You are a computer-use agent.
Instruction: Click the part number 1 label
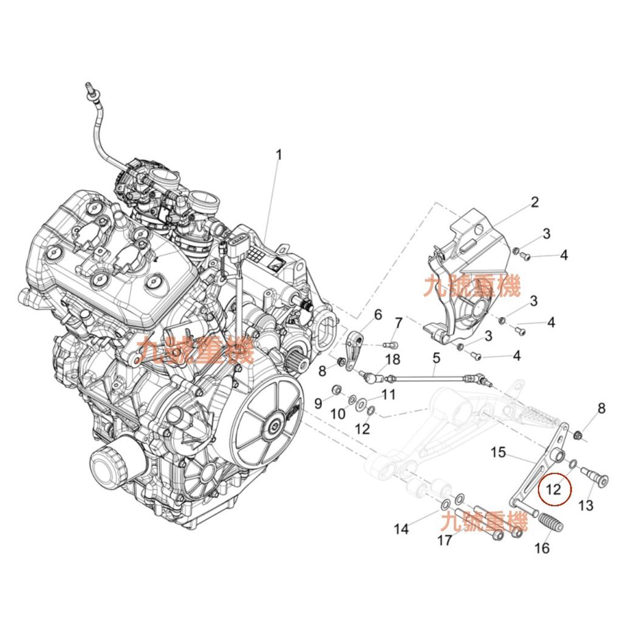coord(279,155)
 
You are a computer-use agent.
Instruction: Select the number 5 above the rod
coord(436,358)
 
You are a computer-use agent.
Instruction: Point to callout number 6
coord(378,315)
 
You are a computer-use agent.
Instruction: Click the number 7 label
coord(398,323)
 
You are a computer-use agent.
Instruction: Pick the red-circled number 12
coord(553,489)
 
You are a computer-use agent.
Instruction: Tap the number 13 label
coord(586,505)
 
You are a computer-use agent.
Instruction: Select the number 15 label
coord(498,452)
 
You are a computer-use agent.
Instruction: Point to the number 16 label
coord(542,548)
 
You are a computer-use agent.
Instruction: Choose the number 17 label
coord(445,540)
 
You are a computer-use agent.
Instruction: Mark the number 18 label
coord(392,360)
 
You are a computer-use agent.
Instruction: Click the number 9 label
coord(318,403)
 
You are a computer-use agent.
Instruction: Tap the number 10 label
coord(338,414)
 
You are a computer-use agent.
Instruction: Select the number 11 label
coord(388,394)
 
